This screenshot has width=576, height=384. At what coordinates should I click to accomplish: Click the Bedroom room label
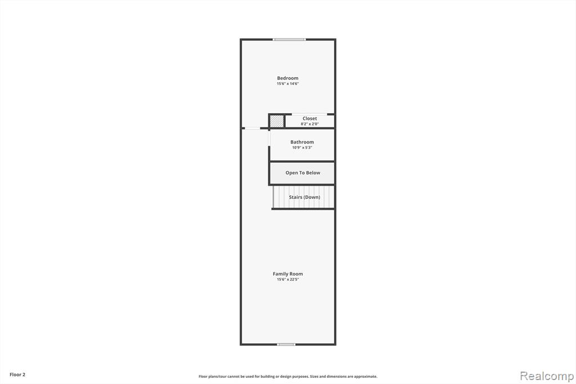287,78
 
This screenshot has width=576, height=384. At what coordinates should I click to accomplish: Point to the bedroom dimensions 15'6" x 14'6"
287,84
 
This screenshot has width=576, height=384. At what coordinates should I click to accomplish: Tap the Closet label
310,118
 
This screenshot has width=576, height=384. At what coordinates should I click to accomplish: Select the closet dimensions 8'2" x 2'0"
310,124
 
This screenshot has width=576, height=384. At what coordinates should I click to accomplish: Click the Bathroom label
302,142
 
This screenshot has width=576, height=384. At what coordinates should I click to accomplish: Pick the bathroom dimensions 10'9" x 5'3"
302,148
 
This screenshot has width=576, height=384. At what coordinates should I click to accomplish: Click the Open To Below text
303,173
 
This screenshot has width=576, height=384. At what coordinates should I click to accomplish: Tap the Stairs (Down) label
304,197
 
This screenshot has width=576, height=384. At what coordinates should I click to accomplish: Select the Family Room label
287,274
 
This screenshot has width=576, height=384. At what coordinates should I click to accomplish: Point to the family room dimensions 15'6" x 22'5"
287,279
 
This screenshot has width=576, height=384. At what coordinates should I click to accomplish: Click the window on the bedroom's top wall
290,39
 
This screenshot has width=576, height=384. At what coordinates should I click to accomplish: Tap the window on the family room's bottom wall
286,344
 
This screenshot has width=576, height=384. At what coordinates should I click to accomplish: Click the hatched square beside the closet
277,122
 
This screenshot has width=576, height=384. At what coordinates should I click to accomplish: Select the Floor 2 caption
17,375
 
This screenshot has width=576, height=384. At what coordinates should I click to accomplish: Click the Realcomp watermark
547,376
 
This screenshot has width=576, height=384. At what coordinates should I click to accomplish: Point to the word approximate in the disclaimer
365,377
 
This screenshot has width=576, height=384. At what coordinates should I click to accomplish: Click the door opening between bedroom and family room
253,128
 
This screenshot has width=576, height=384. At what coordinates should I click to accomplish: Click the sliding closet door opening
309,114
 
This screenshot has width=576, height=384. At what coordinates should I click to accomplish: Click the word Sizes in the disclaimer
314,377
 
